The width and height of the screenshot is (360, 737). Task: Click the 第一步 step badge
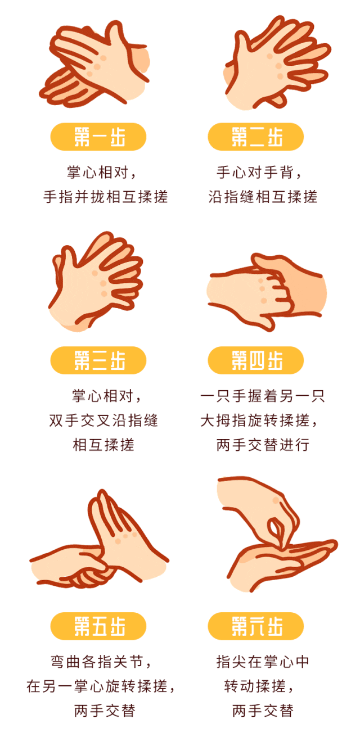click(98, 137)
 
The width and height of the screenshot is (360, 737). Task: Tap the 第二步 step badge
click(256, 137)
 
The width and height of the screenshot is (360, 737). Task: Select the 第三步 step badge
click(98, 360)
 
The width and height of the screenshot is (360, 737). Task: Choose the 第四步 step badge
click(256, 360)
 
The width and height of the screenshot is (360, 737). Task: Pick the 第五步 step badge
click(98, 626)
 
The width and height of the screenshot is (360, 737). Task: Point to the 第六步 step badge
click(256, 626)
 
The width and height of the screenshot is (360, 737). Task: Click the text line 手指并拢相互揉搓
click(106, 197)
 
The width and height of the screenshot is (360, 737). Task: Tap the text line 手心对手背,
click(259, 173)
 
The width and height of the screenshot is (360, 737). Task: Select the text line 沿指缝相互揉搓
click(263, 197)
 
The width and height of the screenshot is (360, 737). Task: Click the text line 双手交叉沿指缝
click(103, 421)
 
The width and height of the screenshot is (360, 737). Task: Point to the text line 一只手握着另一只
click(263, 396)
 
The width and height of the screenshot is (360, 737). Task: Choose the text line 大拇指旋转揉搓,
click(259, 421)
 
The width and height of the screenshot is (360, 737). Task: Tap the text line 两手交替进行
click(263, 445)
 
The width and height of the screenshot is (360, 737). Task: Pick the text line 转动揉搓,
click(259, 686)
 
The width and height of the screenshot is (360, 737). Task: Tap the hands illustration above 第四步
click(267, 292)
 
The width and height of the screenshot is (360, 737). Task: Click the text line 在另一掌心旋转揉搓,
click(101, 686)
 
